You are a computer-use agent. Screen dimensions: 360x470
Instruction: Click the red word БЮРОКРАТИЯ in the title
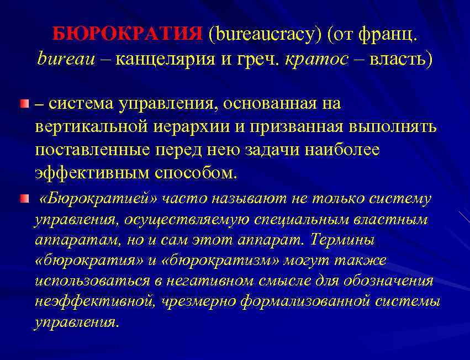[x=128, y=36]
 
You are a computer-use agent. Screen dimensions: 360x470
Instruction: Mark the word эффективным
[x=92, y=173]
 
